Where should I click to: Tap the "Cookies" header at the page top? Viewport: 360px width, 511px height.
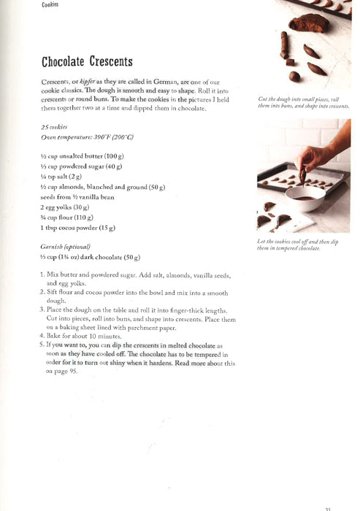tap(49, 4)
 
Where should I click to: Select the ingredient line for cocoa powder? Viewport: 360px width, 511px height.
tap(77, 228)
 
